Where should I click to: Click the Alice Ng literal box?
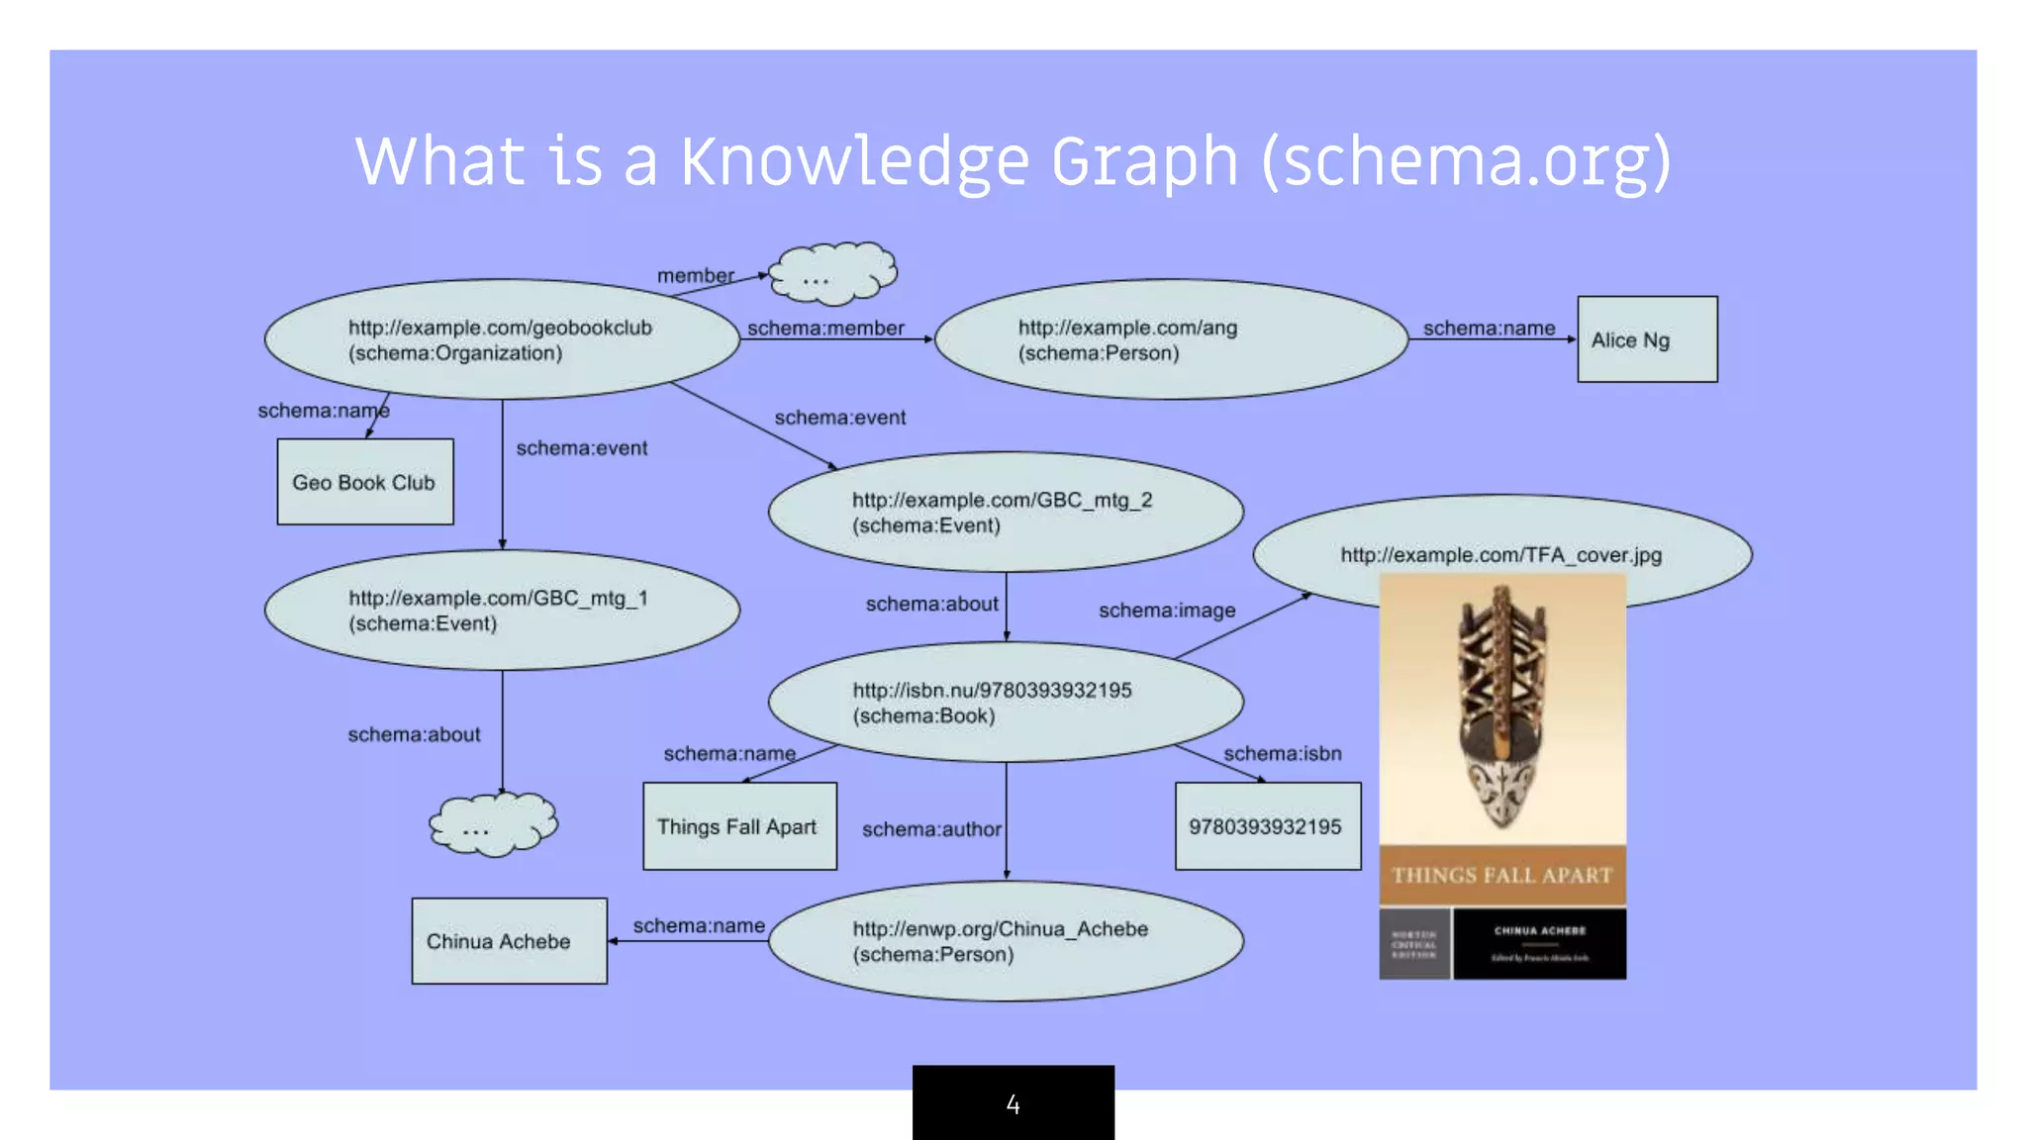(1647, 339)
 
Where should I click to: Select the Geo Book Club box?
(365, 482)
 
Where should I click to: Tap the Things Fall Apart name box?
(739, 826)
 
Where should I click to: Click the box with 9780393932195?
(1267, 826)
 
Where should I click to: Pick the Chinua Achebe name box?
(509, 941)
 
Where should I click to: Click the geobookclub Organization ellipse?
(502, 339)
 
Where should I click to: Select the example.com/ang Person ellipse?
(1171, 339)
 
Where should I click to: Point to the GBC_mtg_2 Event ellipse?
(1006, 512)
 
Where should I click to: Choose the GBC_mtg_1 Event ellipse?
(502, 611)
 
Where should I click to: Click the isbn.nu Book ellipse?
(1006, 703)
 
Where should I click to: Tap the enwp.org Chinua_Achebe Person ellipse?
(1006, 941)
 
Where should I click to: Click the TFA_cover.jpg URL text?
(1500, 555)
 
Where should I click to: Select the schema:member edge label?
(825, 328)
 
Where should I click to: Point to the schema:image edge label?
(1167, 611)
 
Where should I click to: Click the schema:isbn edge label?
(1283, 753)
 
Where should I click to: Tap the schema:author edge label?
(931, 829)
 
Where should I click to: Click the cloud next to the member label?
(832, 272)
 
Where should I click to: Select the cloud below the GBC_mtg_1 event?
(493, 824)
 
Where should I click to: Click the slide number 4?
(1013, 1104)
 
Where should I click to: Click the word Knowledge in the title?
(855, 161)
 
